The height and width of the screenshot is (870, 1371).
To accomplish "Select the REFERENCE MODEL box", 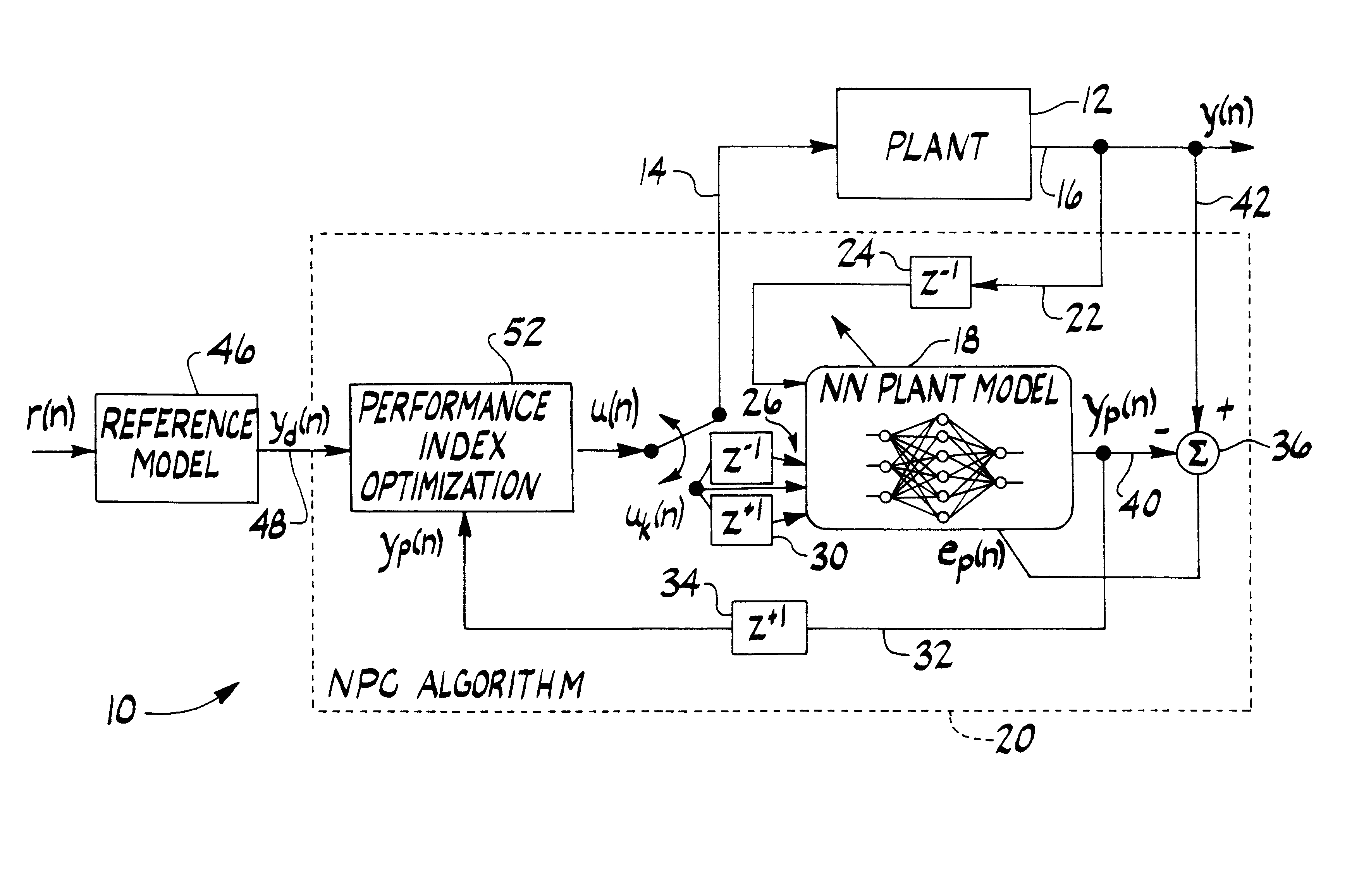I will (x=177, y=447).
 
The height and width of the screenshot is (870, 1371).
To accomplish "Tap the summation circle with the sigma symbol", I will (x=1197, y=454).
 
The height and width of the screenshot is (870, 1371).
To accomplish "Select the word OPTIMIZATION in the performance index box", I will (x=450, y=487).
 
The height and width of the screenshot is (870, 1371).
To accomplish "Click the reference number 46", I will (x=231, y=350).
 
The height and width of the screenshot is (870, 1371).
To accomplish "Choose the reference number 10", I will (x=121, y=710).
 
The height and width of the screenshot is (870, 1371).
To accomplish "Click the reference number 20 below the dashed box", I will (x=1015, y=739).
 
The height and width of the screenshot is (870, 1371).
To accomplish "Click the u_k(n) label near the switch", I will (x=654, y=519).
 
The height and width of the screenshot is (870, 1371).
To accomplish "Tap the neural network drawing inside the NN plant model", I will (x=942, y=467).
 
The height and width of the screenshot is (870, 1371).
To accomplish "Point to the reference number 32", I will (x=932, y=655).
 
